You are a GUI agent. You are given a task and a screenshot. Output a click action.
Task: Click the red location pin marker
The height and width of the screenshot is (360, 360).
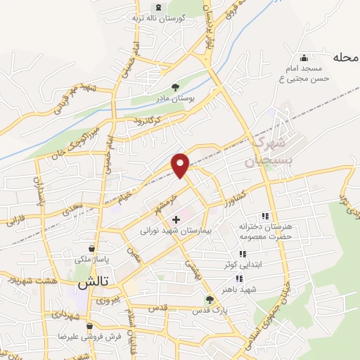pyautogui.click(x=181, y=164)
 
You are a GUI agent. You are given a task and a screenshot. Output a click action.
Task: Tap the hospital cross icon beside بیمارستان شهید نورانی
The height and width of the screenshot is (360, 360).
pyautogui.click(x=176, y=220)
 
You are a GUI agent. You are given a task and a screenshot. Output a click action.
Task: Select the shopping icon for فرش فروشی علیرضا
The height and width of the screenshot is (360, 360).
pyautogui.click(x=90, y=326)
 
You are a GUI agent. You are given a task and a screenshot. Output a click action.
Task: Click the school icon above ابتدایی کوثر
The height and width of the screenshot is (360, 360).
pyautogui.click(x=241, y=254)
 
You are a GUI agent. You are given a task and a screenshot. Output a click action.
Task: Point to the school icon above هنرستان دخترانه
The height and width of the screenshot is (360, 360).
pyautogui.click(x=265, y=216)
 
